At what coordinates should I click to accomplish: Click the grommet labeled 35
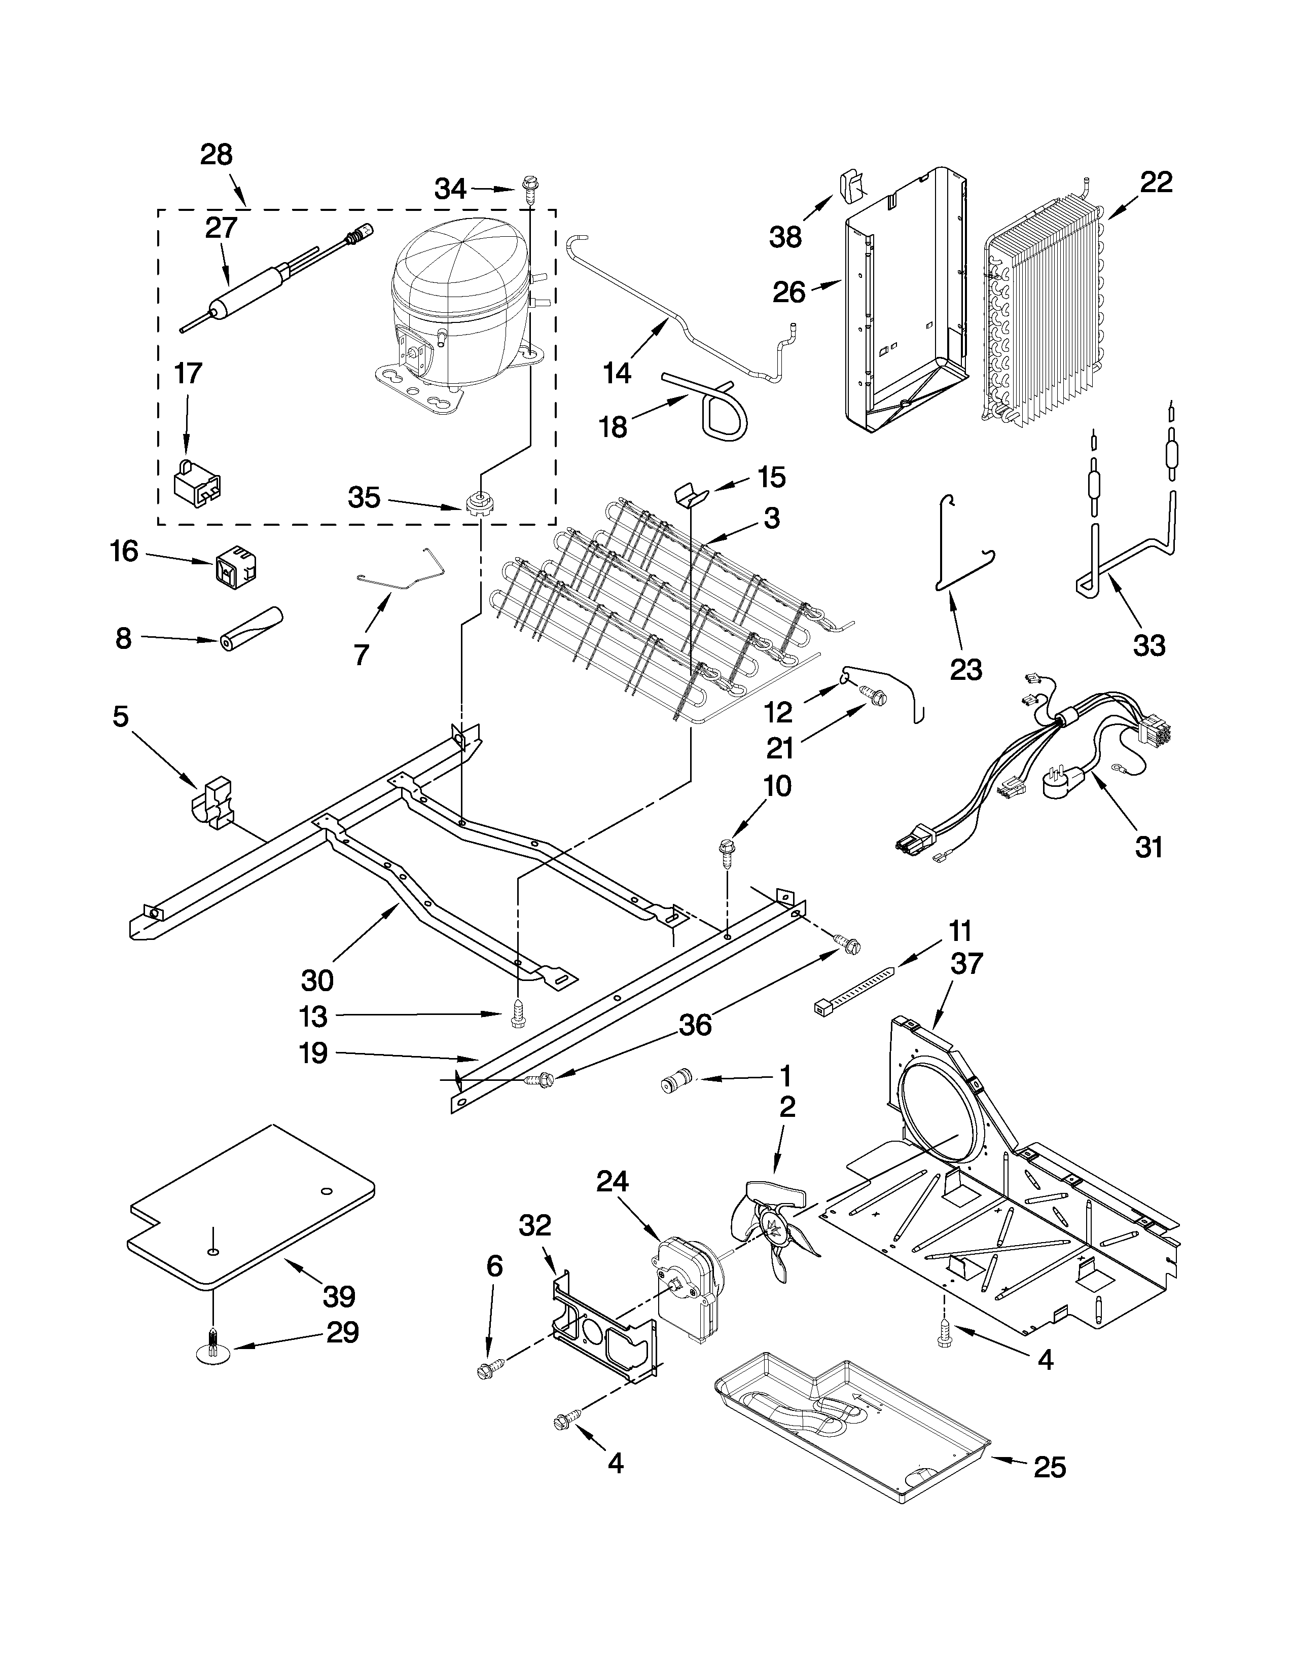pos(477,504)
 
